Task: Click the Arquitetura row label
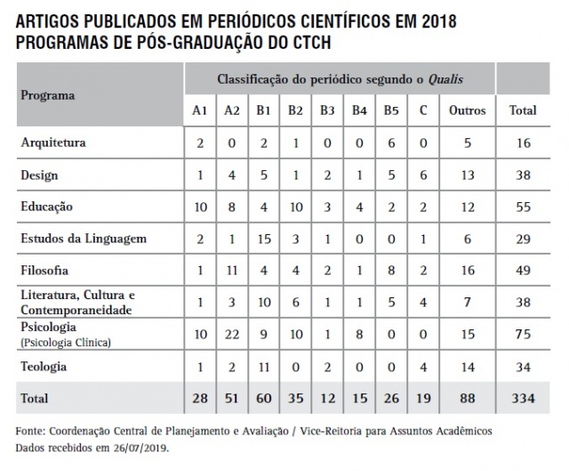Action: pyautogui.click(x=54, y=142)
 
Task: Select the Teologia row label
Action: pyautogui.click(x=44, y=366)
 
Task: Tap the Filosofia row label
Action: pyautogui.click(x=44, y=269)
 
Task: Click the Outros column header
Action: pyautogui.click(x=468, y=110)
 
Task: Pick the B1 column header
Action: pyautogui.click(x=263, y=110)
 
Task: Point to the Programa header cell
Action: pyautogui.click(x=48, y=94)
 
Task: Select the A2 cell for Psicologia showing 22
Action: pyautogui.click(x=231, y=334)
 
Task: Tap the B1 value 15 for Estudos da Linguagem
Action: pyautogui.click(x=263, y=238)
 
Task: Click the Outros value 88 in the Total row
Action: pyautogui.click(x=468, y=398)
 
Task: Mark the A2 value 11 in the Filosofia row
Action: pyautogui.click(x=231, y=270)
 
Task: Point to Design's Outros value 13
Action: pyautogui.click(x=468, y=175)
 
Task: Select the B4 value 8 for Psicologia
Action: pyautogui.click(x=359, y=334)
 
